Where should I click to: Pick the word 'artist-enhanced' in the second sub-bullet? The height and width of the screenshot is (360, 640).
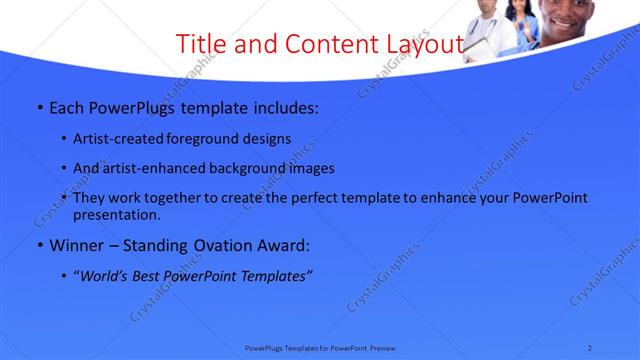(x=156, y=168)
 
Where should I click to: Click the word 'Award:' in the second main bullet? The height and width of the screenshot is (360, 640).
(x=282, y=245)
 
